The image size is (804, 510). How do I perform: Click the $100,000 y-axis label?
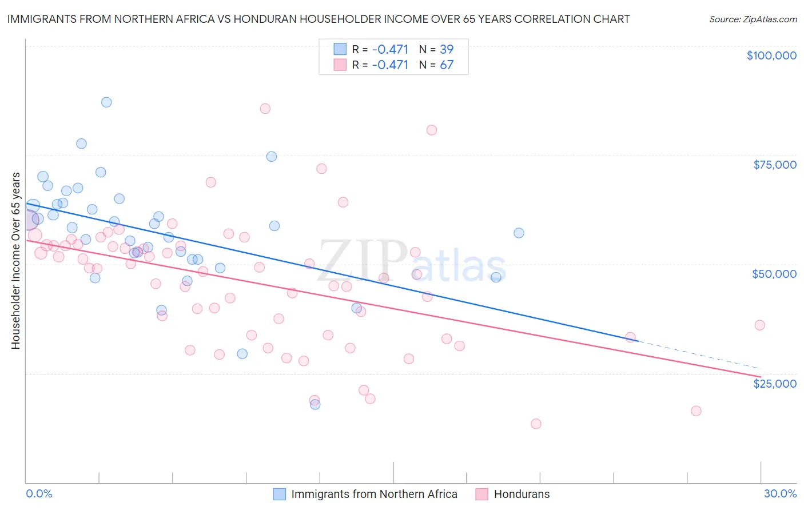[771, 55]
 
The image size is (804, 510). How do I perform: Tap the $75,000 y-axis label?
[775, 165]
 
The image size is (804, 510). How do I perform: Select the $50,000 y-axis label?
[774, 274]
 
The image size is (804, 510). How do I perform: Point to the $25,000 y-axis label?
[775, 384]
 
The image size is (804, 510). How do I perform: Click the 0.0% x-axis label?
[39, 494]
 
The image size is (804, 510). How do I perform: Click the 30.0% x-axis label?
[780, 494]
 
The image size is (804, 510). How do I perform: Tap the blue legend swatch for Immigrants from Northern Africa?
[279, 494]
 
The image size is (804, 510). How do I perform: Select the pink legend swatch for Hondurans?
[481, 494]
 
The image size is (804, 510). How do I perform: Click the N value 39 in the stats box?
[447, 49]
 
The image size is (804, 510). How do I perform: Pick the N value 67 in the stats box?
[447, 65]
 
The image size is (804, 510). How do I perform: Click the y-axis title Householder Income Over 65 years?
[15, 261]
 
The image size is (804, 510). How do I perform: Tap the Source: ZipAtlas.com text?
[753, 19]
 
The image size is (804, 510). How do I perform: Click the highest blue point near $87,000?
[106, 102]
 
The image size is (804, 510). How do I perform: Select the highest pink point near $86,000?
[265, 109]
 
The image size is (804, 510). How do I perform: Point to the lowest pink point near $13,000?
[536, 424]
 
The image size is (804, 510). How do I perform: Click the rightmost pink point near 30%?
[759, 325]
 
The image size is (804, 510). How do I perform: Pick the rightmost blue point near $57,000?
[519, 233]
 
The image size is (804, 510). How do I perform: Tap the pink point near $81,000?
[432, 130]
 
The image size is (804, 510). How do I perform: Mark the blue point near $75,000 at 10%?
[272, 157]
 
